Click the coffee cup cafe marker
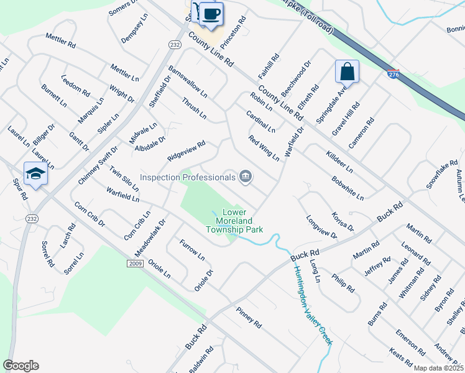[211, 14]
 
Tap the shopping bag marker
[348, 71]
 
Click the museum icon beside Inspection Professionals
[246, 178]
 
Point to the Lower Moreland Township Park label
[234, 221]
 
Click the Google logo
[21, 366]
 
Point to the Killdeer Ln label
[339, 160]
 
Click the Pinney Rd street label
[249, 316]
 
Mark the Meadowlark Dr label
[150, 237]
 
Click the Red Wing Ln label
[264, 148]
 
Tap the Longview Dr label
[321, 227]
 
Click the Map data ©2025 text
[438, 368]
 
